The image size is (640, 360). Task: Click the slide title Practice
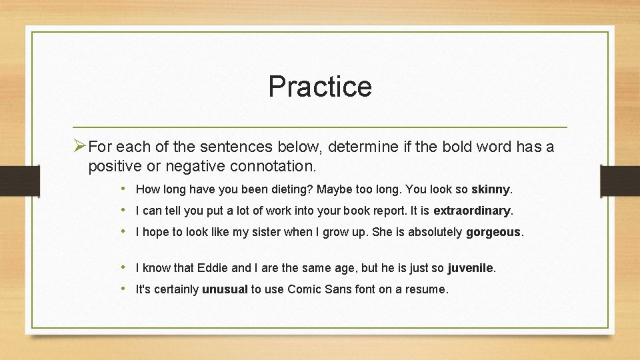click(x=320, y=87)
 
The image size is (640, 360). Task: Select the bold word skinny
click(x=491, y=189)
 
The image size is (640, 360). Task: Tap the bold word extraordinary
click(x=472, y=211)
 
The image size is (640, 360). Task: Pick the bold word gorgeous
click(x=493, y=233)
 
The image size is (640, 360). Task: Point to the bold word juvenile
click(x=471, y=268)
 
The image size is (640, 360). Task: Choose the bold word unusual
click(x=225, y=289)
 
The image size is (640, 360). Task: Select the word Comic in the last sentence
click(x=304, y=289)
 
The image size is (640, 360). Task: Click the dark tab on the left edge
click(x=20, y=181)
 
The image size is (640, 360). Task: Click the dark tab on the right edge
click(x=619, y=181)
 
